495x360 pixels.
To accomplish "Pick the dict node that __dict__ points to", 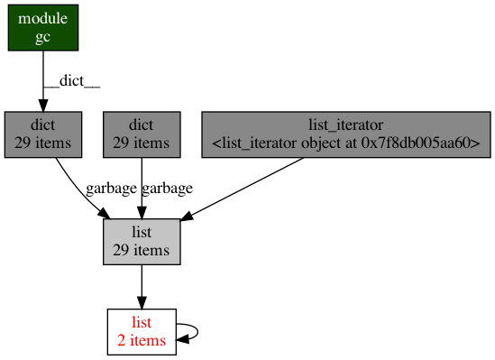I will pos(42,134).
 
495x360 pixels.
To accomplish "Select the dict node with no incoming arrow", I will pos(142,134).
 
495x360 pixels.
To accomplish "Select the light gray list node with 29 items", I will pos(142,241).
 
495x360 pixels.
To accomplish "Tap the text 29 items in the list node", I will pos(142,250).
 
